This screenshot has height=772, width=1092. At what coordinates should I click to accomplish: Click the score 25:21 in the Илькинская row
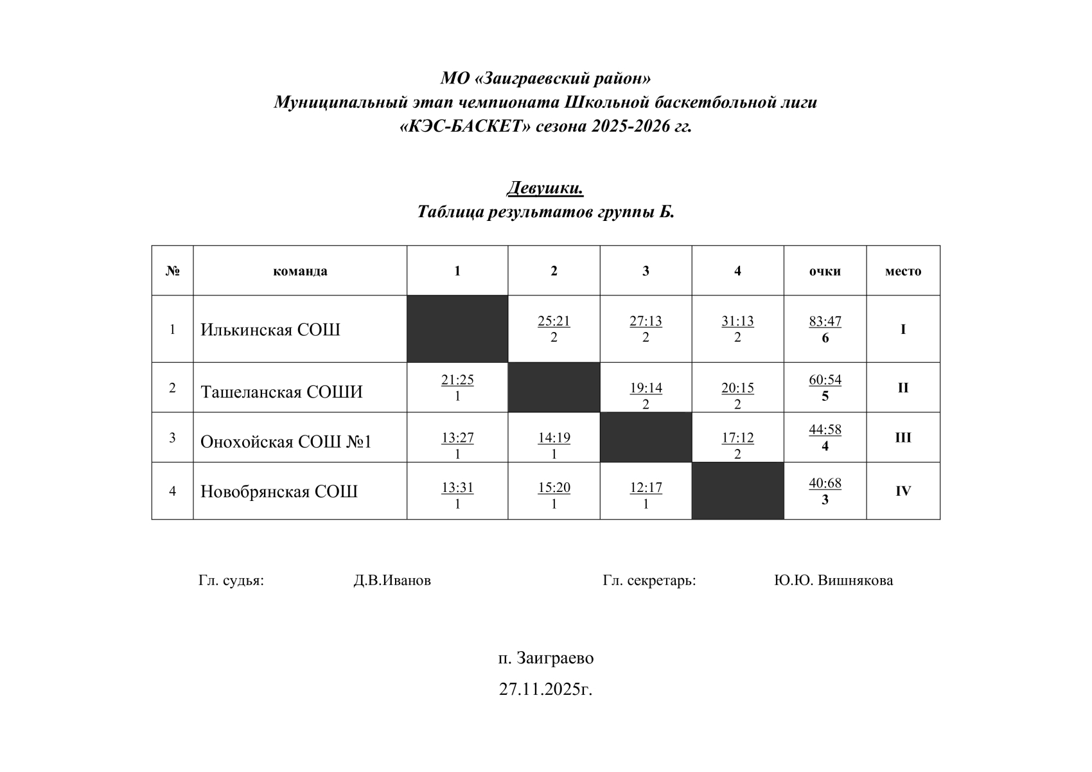click(x=554, y=321)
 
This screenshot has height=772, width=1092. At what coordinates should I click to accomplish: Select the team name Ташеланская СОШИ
click(x=281, y=392)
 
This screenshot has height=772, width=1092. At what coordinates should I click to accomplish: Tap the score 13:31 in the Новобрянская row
click(x=457, y=487)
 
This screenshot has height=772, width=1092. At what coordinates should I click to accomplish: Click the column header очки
click(x=825, y=271)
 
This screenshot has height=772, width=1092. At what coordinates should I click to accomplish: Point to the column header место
click(x=903, y=271)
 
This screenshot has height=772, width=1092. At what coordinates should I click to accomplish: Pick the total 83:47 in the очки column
click(x=825, y=321)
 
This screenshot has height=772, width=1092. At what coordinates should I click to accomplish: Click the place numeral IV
click(x=903, y=491)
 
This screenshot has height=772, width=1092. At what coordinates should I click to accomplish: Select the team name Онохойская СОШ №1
click(x=286, y=442)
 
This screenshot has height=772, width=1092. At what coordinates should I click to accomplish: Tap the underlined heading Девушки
click(x=545, y=188)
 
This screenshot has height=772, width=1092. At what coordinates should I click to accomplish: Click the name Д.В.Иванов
click(x=392, y=581)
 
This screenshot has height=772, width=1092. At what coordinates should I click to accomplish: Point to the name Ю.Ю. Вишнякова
click(x=833, y=581)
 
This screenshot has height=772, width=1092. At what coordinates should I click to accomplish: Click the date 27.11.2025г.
click(x=545, y=690)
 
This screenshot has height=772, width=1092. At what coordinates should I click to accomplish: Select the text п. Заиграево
click(x=545, y=658)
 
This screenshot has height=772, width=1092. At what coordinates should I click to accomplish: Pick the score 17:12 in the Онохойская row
click(x=737, y=438)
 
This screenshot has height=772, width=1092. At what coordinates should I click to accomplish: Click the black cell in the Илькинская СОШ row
click(x=457, y=329)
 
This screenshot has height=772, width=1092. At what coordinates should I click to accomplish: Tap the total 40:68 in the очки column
click(x=825, y=483)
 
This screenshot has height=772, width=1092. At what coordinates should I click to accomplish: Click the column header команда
click(x=300, y=271)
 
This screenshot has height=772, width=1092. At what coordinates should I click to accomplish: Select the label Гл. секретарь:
click(x=649, y=581)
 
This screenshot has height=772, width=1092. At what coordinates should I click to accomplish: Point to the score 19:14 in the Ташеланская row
click(x=646, y=388)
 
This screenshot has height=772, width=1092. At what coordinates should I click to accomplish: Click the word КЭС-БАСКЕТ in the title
click(x=466, y=127)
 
